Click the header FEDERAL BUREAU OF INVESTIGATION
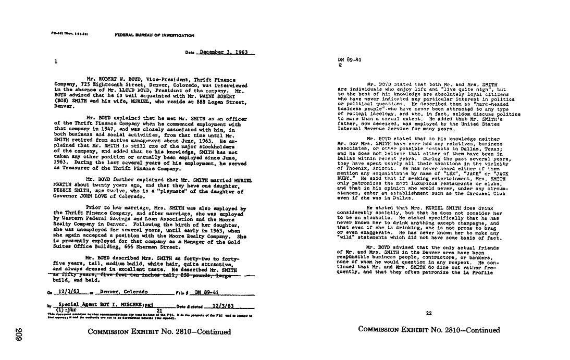pyautogui.click(x=154, y=35)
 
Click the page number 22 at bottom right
pyautogui.click(x=429, y=313)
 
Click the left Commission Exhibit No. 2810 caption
pyautogui.click(x=159, y=332)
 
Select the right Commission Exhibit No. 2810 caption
pyautogui.click(x=429, y=330)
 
